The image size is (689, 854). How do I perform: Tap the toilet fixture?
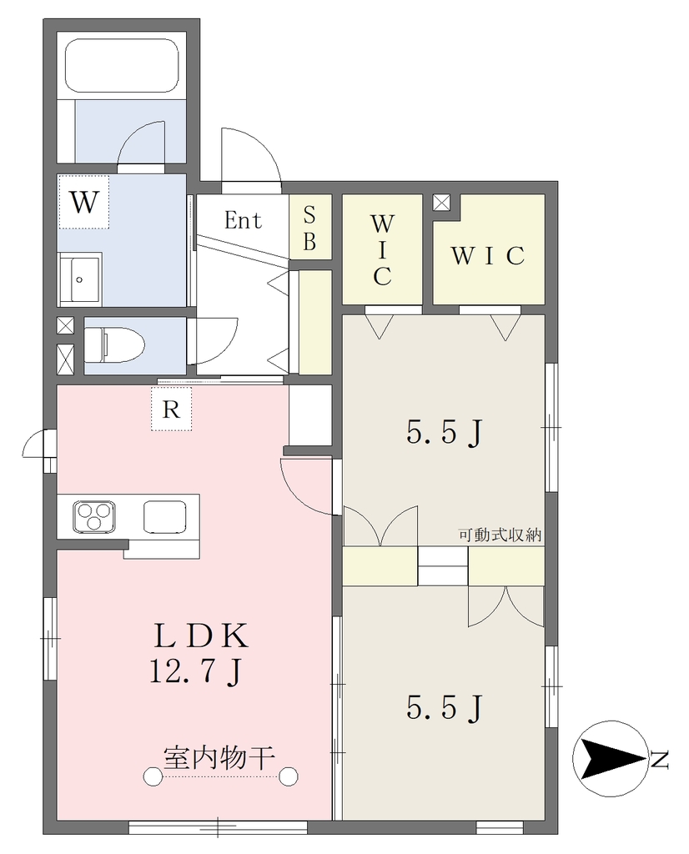tap(113, 344)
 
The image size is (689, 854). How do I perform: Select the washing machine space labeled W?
tap(84, 202)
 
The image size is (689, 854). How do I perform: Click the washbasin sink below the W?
tap(80, 279)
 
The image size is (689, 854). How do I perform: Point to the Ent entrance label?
tap(243, 220)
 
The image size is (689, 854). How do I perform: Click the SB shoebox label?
tap(309, 229)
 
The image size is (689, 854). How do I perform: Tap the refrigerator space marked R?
tap(172, 409)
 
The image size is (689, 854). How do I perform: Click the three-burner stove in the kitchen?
tap(94, 515)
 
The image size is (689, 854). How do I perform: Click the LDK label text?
tap(201, 635)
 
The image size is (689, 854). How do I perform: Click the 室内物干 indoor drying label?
tap(219, 757)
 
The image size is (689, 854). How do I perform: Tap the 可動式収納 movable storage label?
tap(500, 535)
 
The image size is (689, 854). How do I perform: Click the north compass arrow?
tap(612, 759)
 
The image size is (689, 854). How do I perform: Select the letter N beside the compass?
tap(660, 759)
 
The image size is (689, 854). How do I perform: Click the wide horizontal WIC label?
tap(488, 256)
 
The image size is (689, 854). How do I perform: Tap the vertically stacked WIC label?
tap(382, 250)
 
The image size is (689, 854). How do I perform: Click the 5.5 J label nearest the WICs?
tap(445, 434)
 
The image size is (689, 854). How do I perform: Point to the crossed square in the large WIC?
tap(441, 203)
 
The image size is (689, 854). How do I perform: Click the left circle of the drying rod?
tap(153, 776)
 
